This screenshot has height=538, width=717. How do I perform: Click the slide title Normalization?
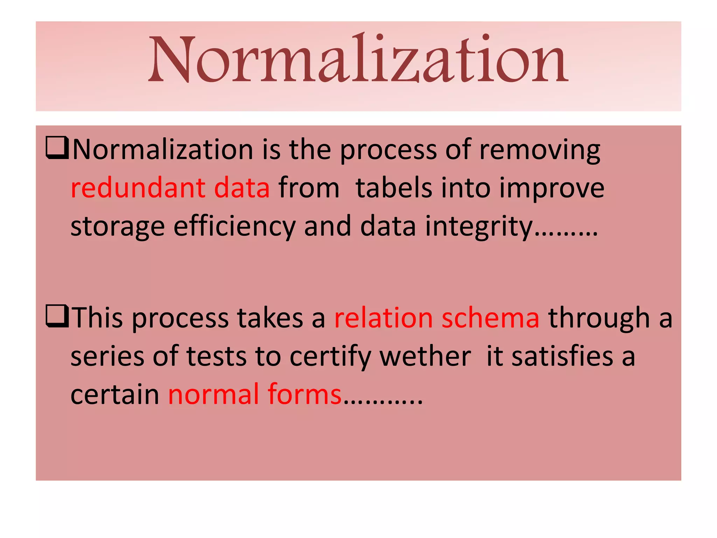358,60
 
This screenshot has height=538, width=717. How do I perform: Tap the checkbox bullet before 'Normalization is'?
57,148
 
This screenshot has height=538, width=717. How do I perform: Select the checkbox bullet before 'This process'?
57,316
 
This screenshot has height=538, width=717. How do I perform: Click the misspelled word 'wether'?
425,357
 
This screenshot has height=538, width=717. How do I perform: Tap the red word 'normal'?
214,395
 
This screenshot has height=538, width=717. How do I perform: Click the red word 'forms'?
305,395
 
